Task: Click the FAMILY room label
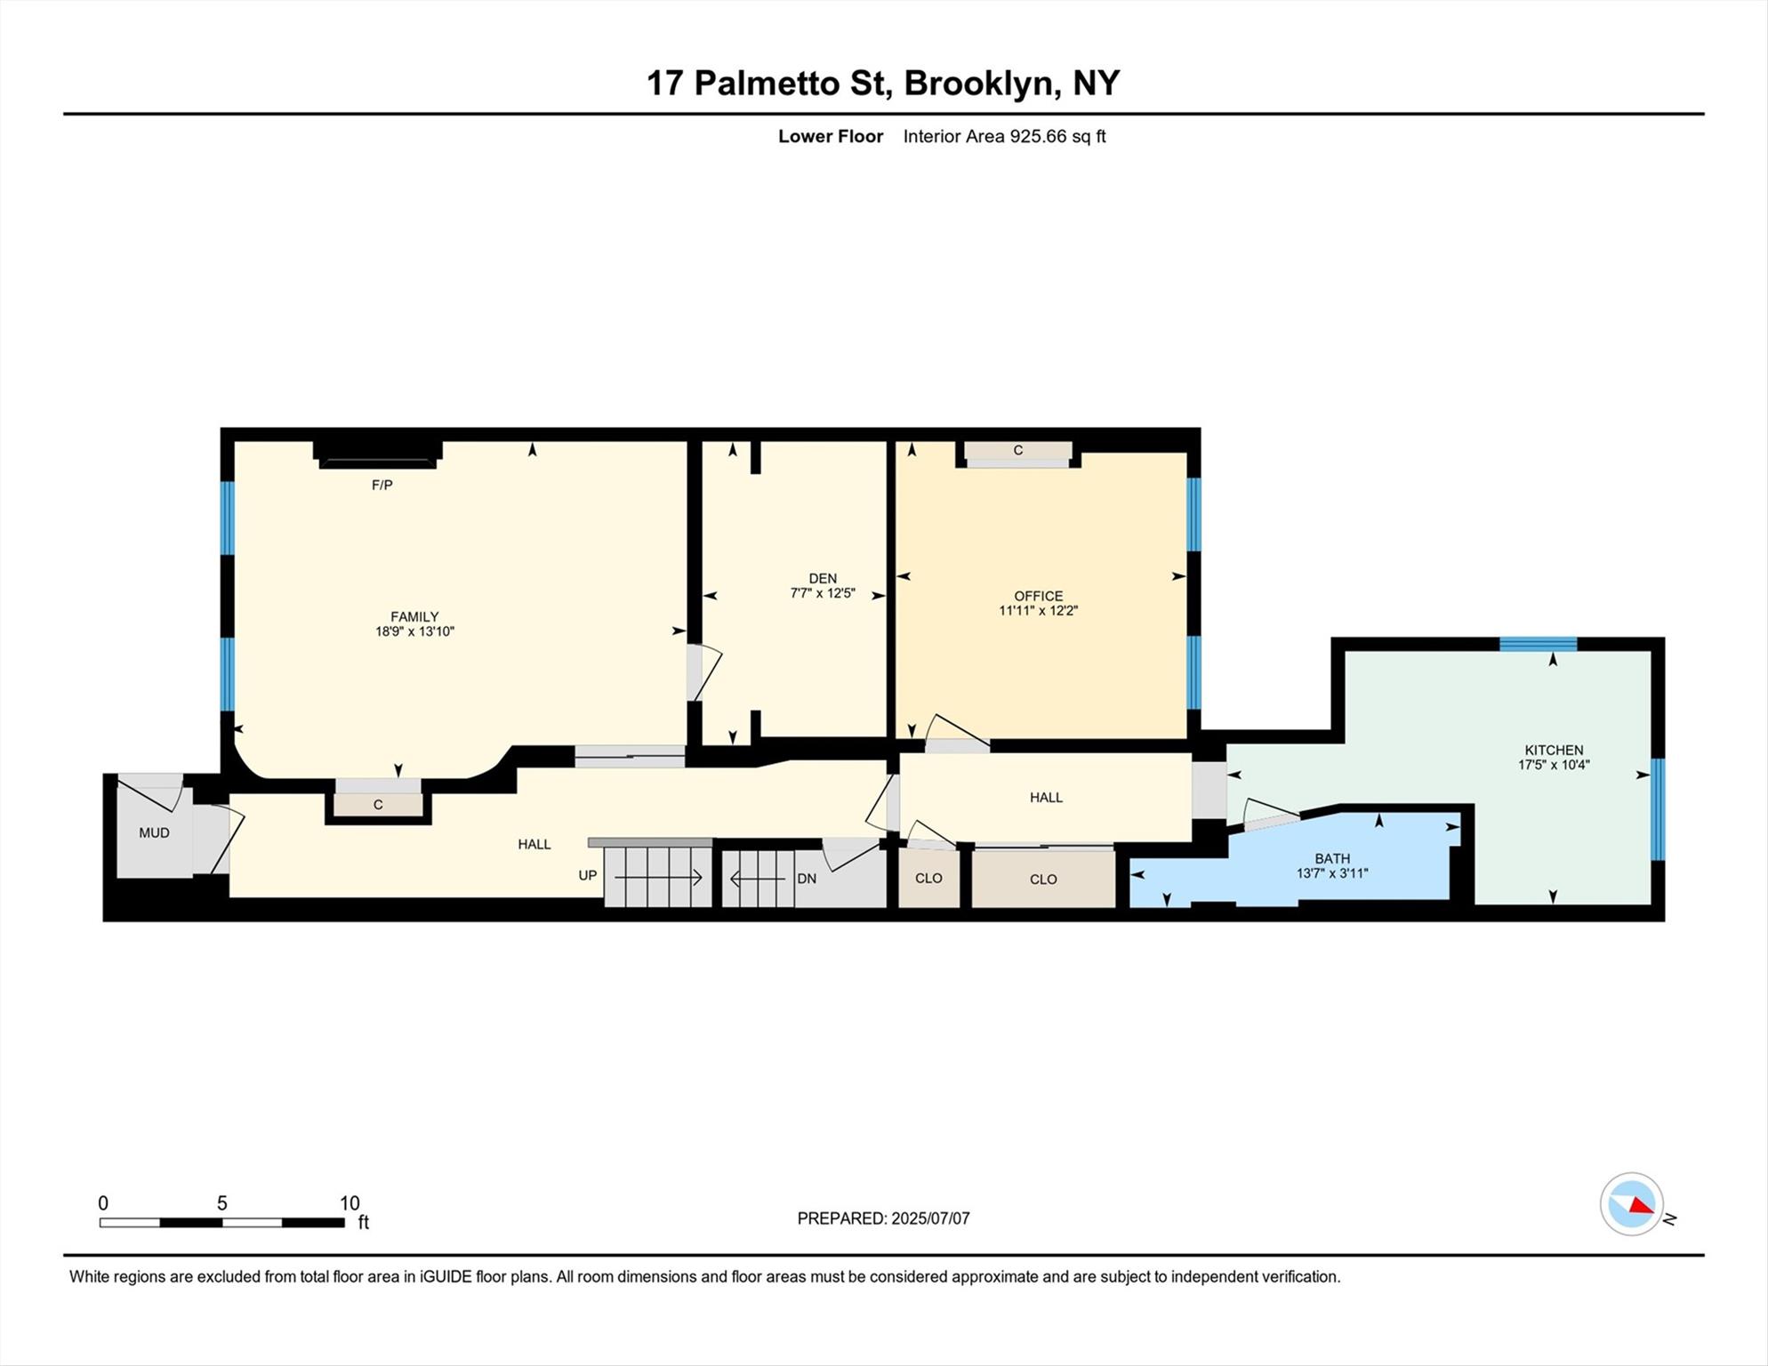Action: (414, 616)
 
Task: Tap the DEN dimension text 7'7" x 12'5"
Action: (823, 593)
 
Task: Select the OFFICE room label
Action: (1038, 596)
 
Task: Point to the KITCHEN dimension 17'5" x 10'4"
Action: (1554, 764)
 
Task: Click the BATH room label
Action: (1332, 858)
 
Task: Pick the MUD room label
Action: (154, 832)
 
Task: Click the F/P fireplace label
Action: (382, 485)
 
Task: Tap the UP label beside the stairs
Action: (588, 875)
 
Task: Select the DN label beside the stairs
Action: (807, 879)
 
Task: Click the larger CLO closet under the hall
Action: (1043, 879)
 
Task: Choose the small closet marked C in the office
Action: (1018, 451)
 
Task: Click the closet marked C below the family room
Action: (378, 805)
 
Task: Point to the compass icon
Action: (1632, 1204)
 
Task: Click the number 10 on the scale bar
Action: (350, 1203)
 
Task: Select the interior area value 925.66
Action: (1038, 136)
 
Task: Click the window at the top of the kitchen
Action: (1538, 644)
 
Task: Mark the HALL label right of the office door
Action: (1046, 797)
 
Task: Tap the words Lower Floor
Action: (831, 136)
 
